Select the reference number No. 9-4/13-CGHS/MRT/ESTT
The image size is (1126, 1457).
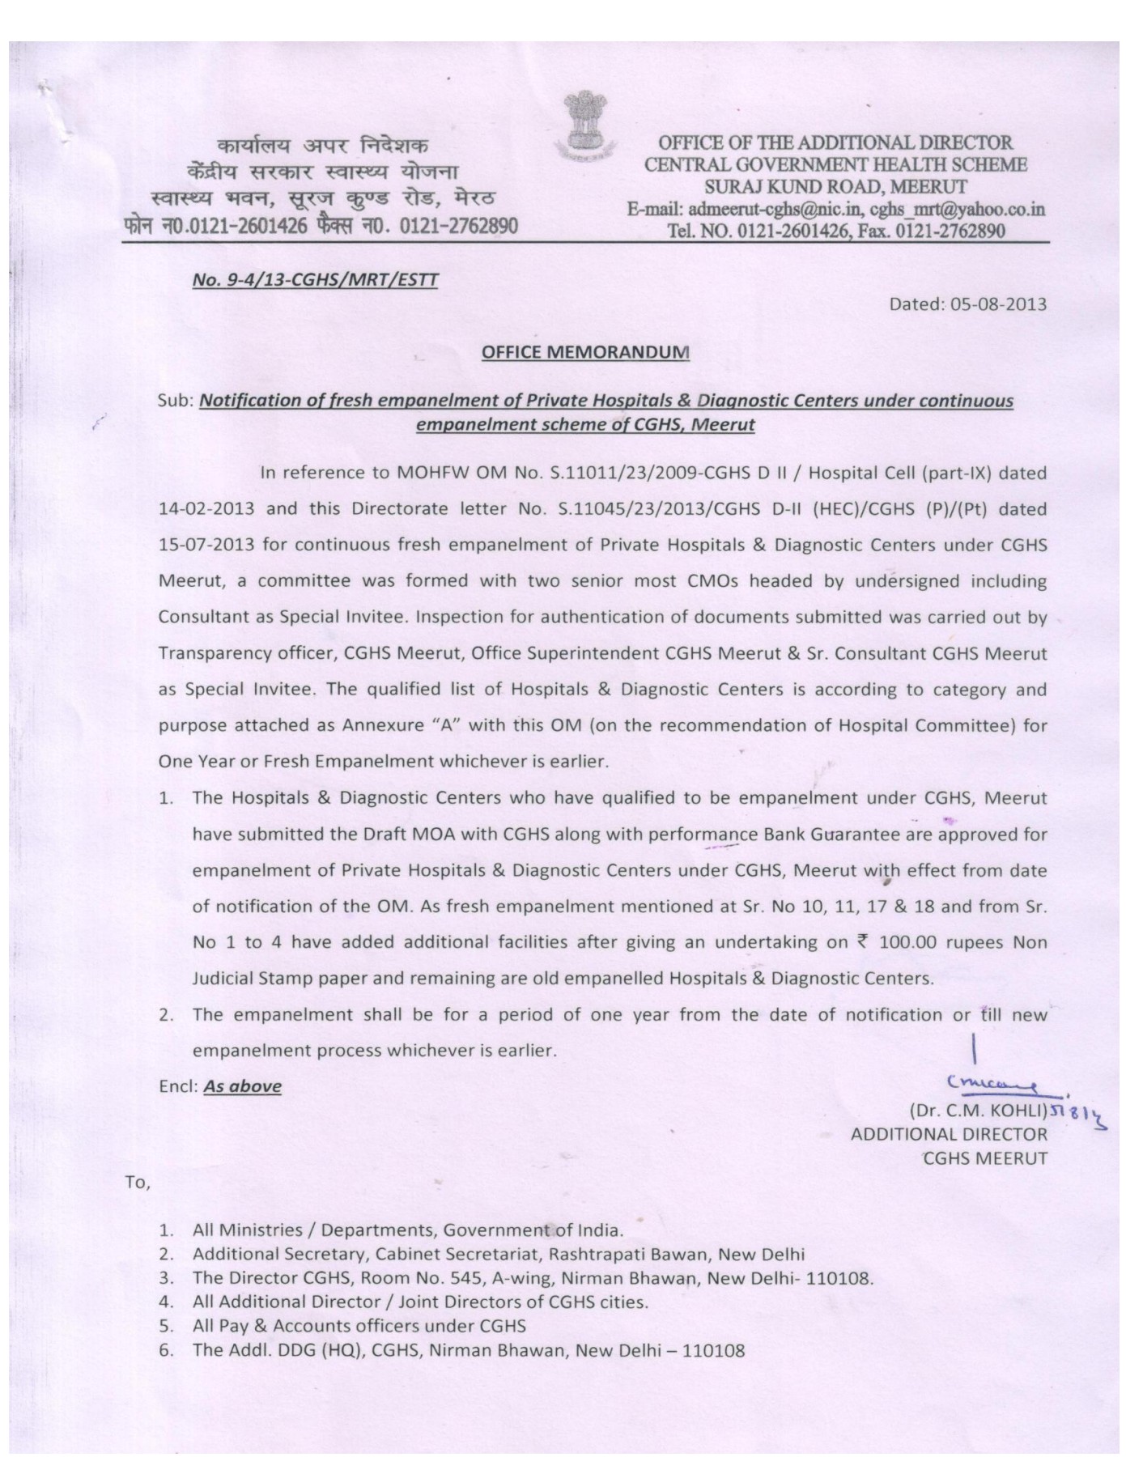316,281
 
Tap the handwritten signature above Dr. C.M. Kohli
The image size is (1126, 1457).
995,1082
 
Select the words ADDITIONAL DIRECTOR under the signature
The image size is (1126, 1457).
949,1135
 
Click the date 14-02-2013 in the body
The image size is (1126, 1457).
206,509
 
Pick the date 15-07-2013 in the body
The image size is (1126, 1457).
206,545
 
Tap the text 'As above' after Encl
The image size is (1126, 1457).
242,1086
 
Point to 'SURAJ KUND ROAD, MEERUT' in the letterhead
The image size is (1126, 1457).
834,186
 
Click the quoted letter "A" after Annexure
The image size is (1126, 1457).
444,725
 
